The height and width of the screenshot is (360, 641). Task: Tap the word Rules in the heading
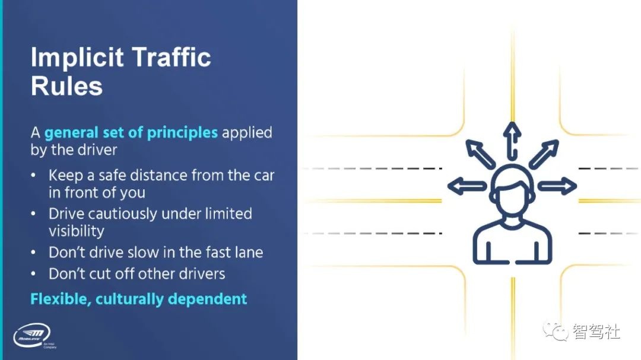coord(66,87)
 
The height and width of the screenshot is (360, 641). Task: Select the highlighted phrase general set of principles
coord(131,132)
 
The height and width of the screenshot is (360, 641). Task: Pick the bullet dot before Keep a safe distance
coord(34,176)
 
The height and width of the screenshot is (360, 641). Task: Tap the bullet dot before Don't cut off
coord(34,274)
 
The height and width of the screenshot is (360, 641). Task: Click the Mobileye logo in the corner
coord(32,336)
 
